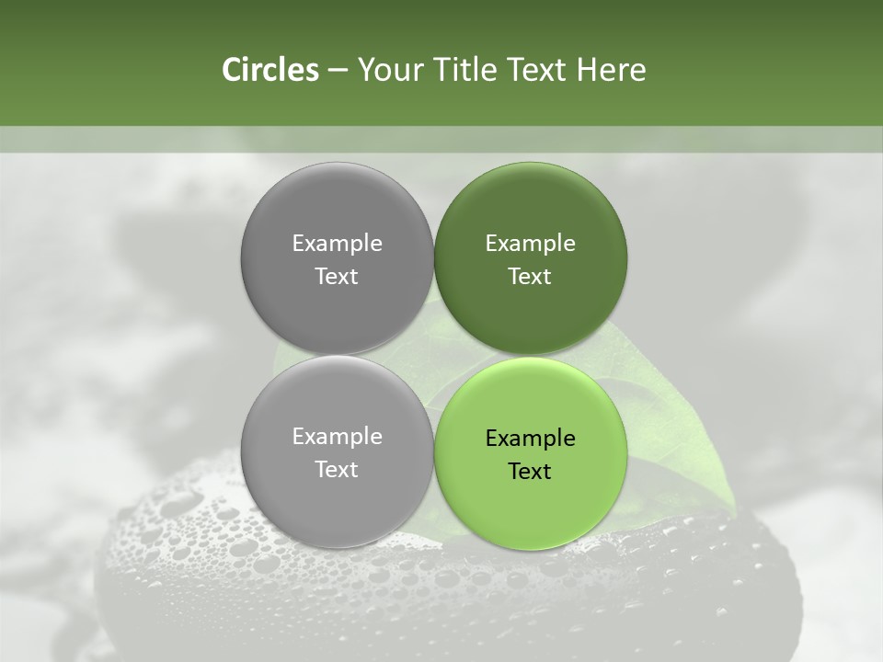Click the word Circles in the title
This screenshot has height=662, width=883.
[269, 70]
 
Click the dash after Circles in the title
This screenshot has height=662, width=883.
[338, 71]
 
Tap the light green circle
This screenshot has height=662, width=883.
[531, 506]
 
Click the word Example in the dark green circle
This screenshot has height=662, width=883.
[530, 244]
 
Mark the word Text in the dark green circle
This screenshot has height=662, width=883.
[530, 277]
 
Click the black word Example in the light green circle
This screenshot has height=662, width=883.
[530, 439]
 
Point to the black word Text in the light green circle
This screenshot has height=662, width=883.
[530, 472]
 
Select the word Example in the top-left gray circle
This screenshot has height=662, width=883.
[337, 244]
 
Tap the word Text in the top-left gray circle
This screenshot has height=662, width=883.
[337, 277]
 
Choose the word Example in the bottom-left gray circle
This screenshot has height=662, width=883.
[337, 437]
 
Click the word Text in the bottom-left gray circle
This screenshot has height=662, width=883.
[337, 470]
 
